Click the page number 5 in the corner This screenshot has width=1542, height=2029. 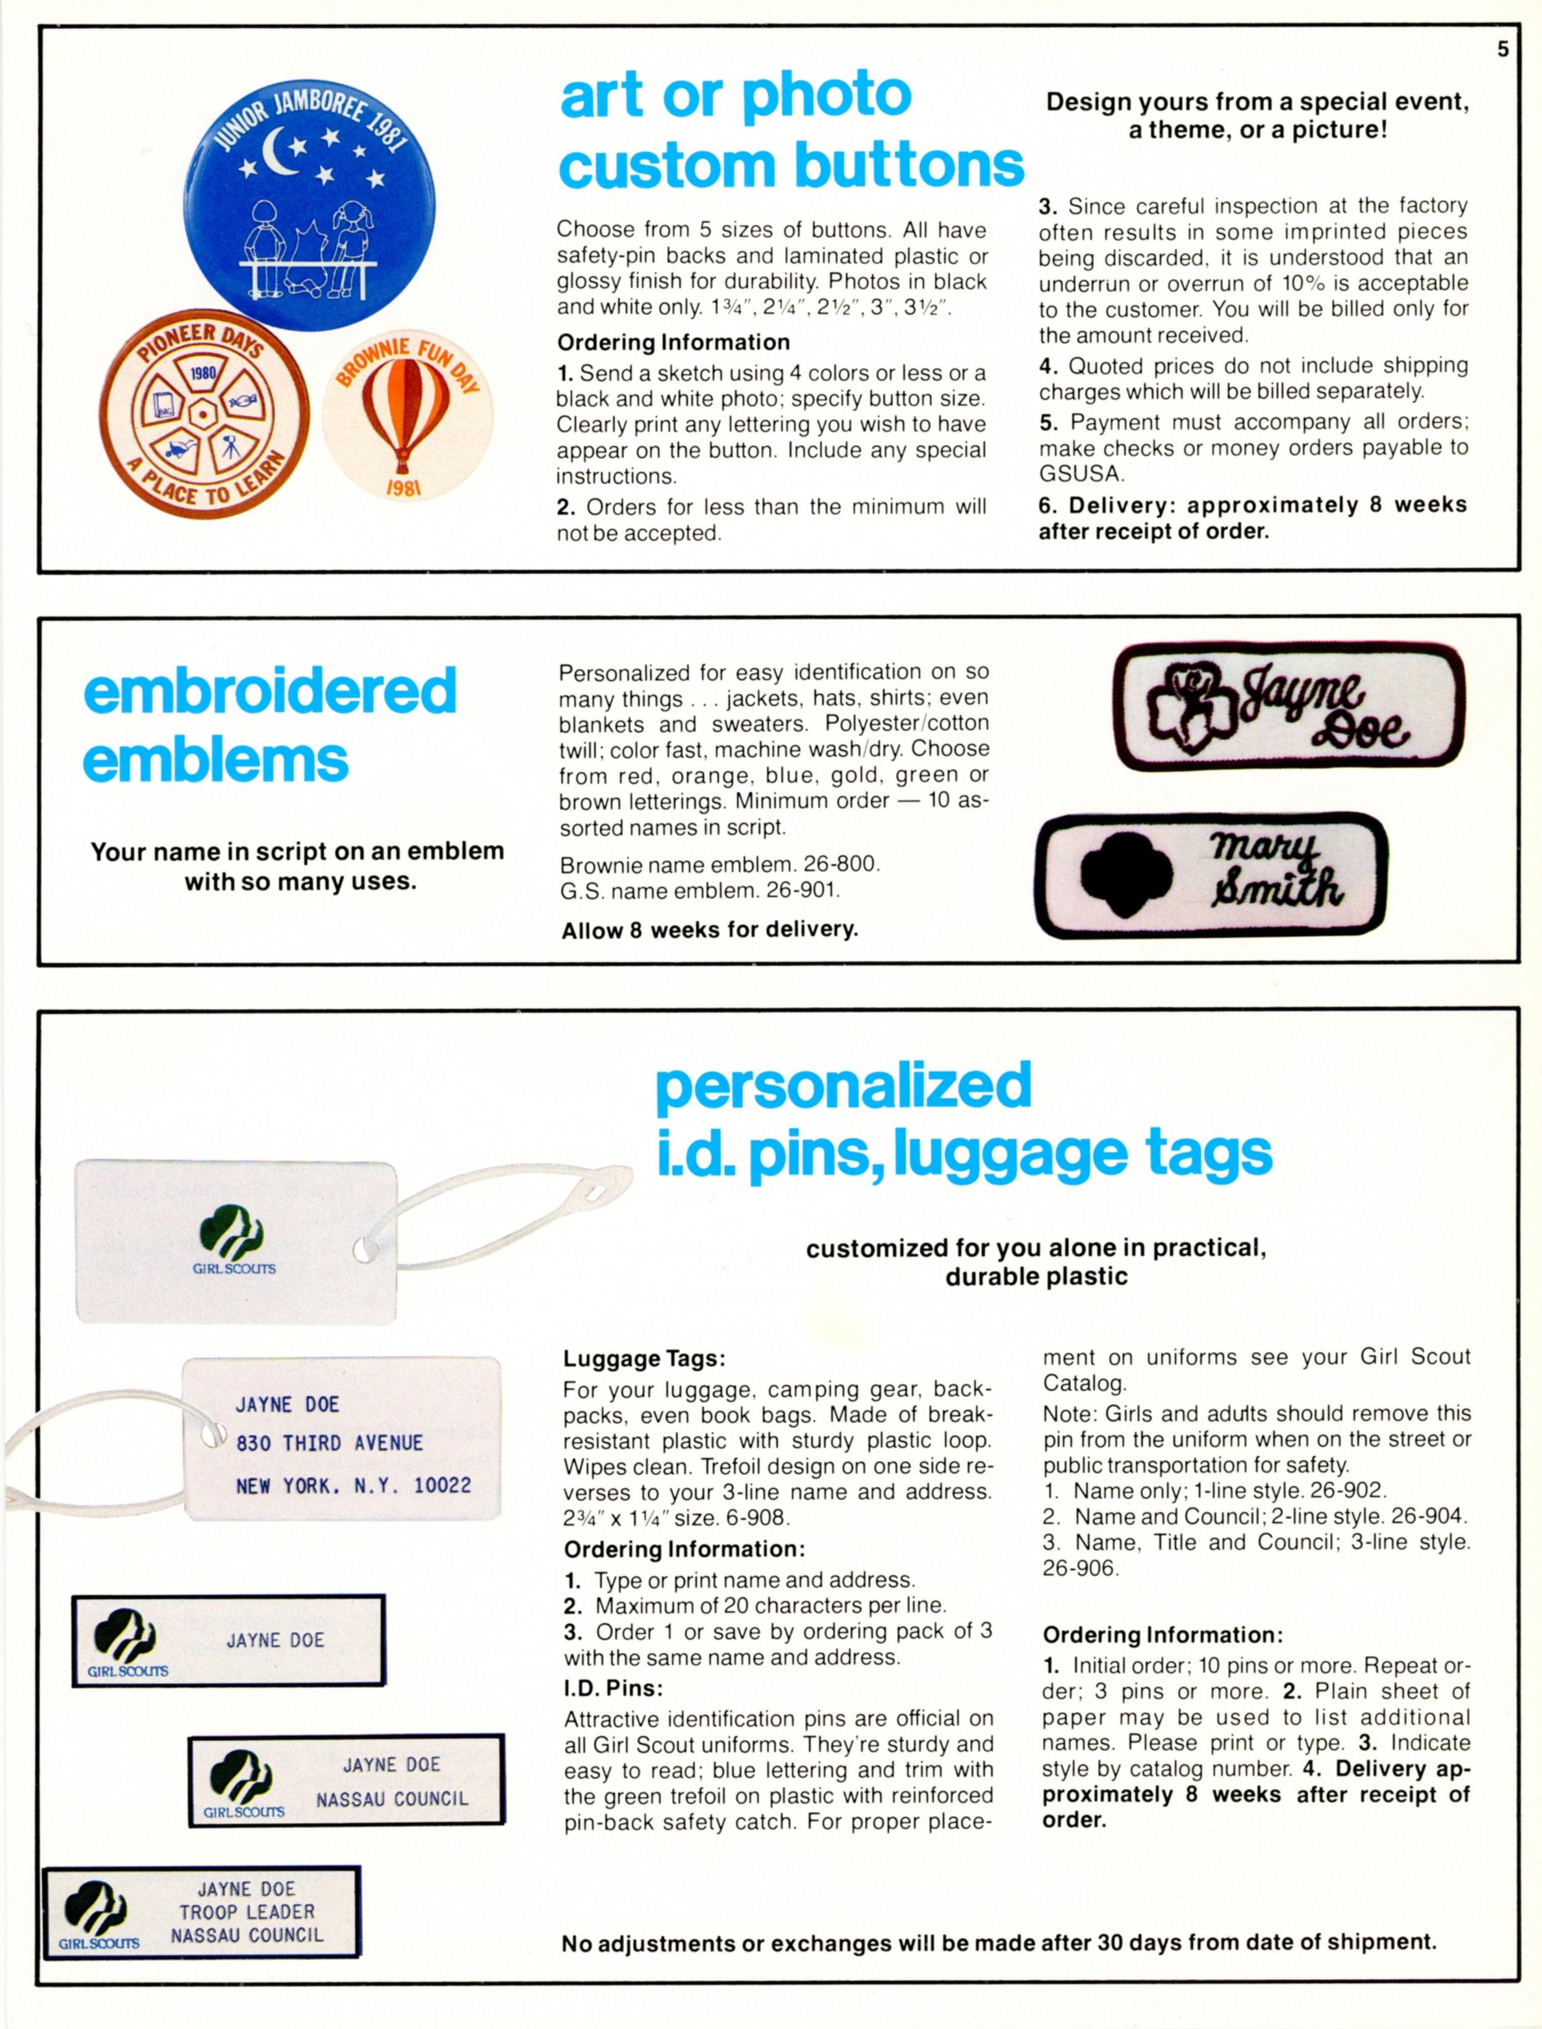[1502, 49]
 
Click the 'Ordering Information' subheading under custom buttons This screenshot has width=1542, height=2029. [673, 343]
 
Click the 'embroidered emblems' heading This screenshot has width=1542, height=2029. [269, 725]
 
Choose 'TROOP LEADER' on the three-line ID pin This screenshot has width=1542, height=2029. [247, 1912]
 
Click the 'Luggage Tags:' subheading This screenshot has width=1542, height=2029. [644, 1359]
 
